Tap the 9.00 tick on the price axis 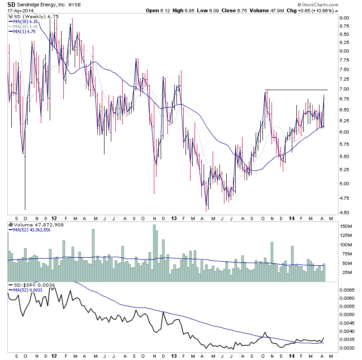coord(344,18)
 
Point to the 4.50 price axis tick coord(344,212)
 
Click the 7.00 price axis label coord(344,89)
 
